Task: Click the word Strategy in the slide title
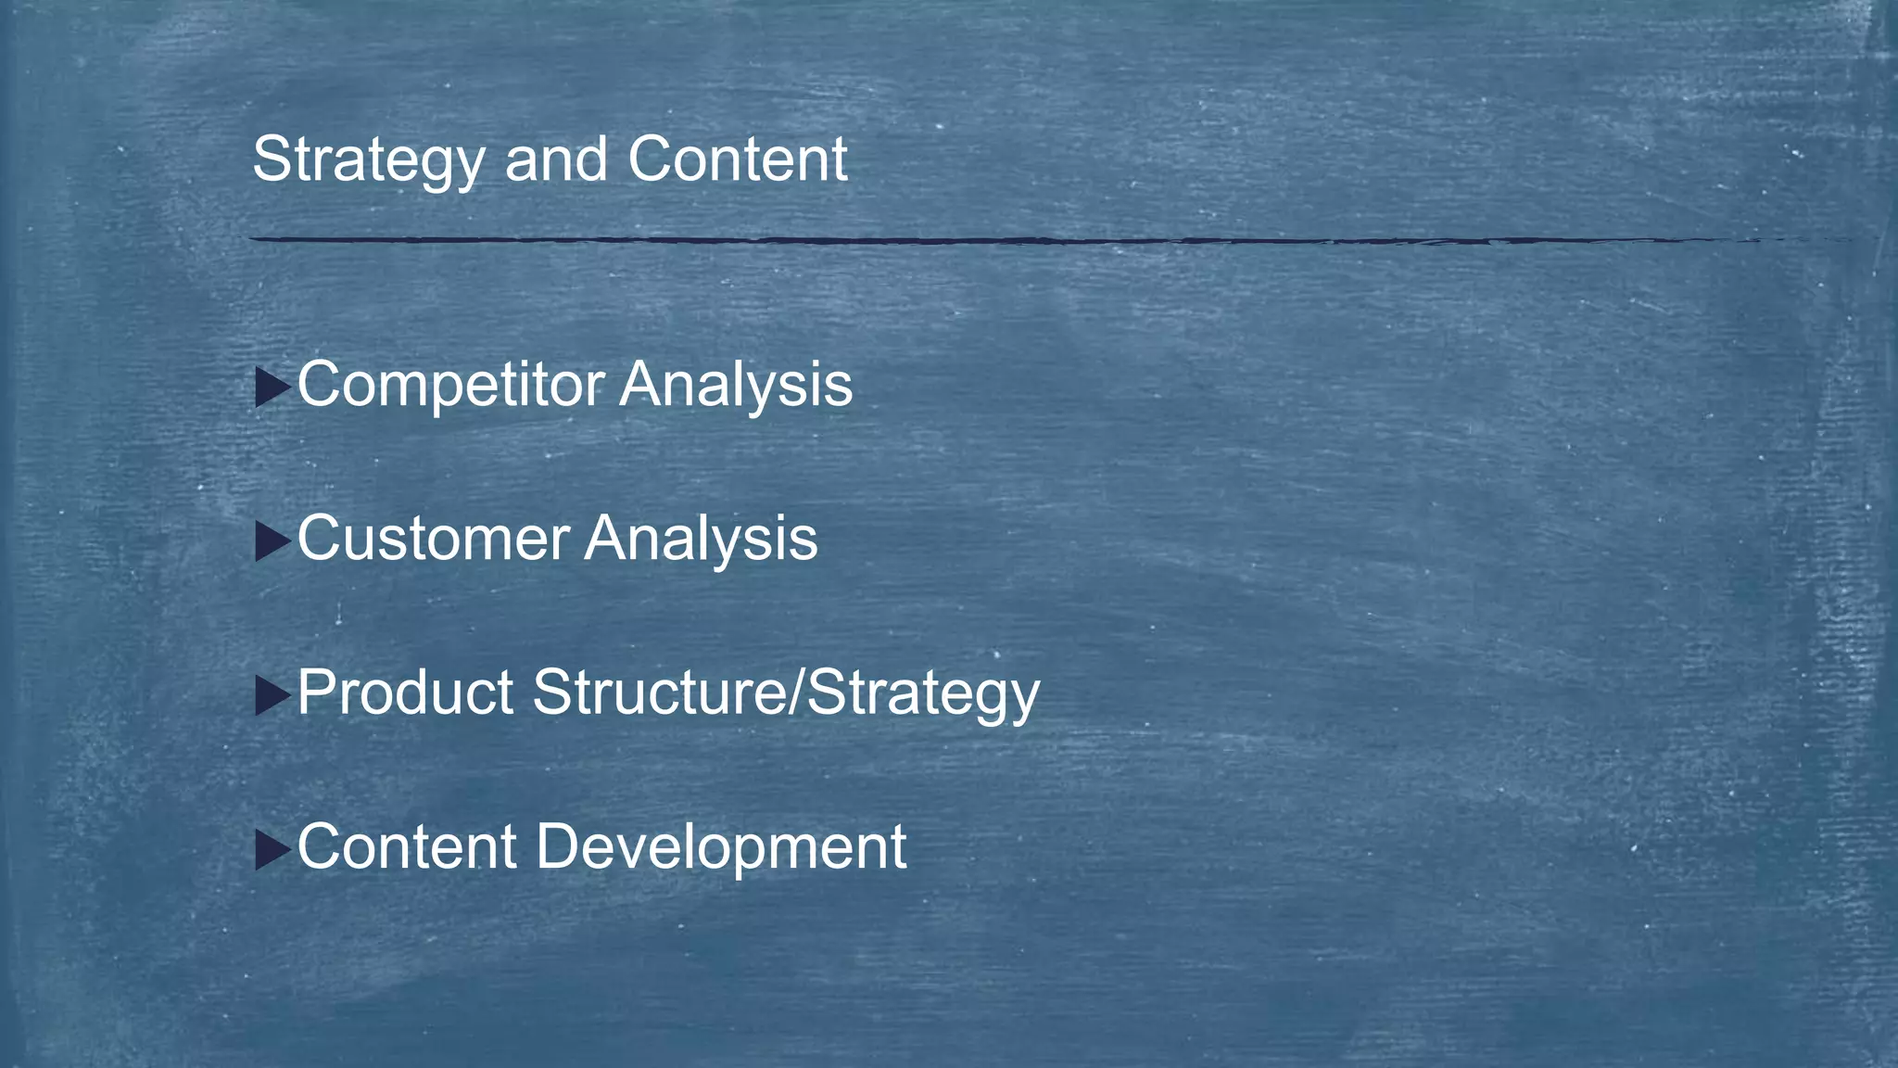click(x=368, y=160)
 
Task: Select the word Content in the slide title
click(x=737, y=159)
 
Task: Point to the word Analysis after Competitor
click(x=736, y=385)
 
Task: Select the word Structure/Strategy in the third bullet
click(x=786, y=693)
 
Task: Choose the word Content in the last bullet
click(x=406, y=846)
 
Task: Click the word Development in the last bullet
click(x=721, y=846)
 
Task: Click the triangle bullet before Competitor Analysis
click(x=272, y=388)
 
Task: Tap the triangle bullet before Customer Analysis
click(x=272, y=541)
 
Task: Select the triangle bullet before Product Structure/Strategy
click(x=272, y=695)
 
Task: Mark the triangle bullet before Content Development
click(x=272, y=849)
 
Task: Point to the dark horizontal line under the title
click(x=927, y=240)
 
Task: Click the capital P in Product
click(x=316, y=692)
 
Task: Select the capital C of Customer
click(x=320, y=538)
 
